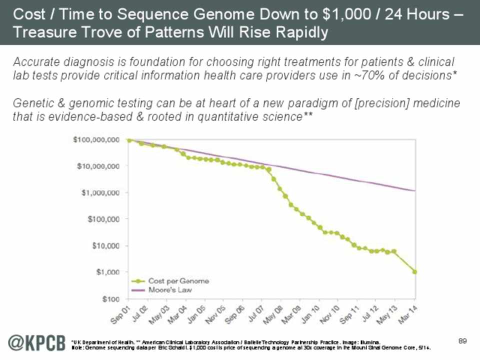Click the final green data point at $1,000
(x=415, y=272)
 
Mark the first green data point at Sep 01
(x=129, y=140)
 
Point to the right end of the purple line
(x=415, y=190)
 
